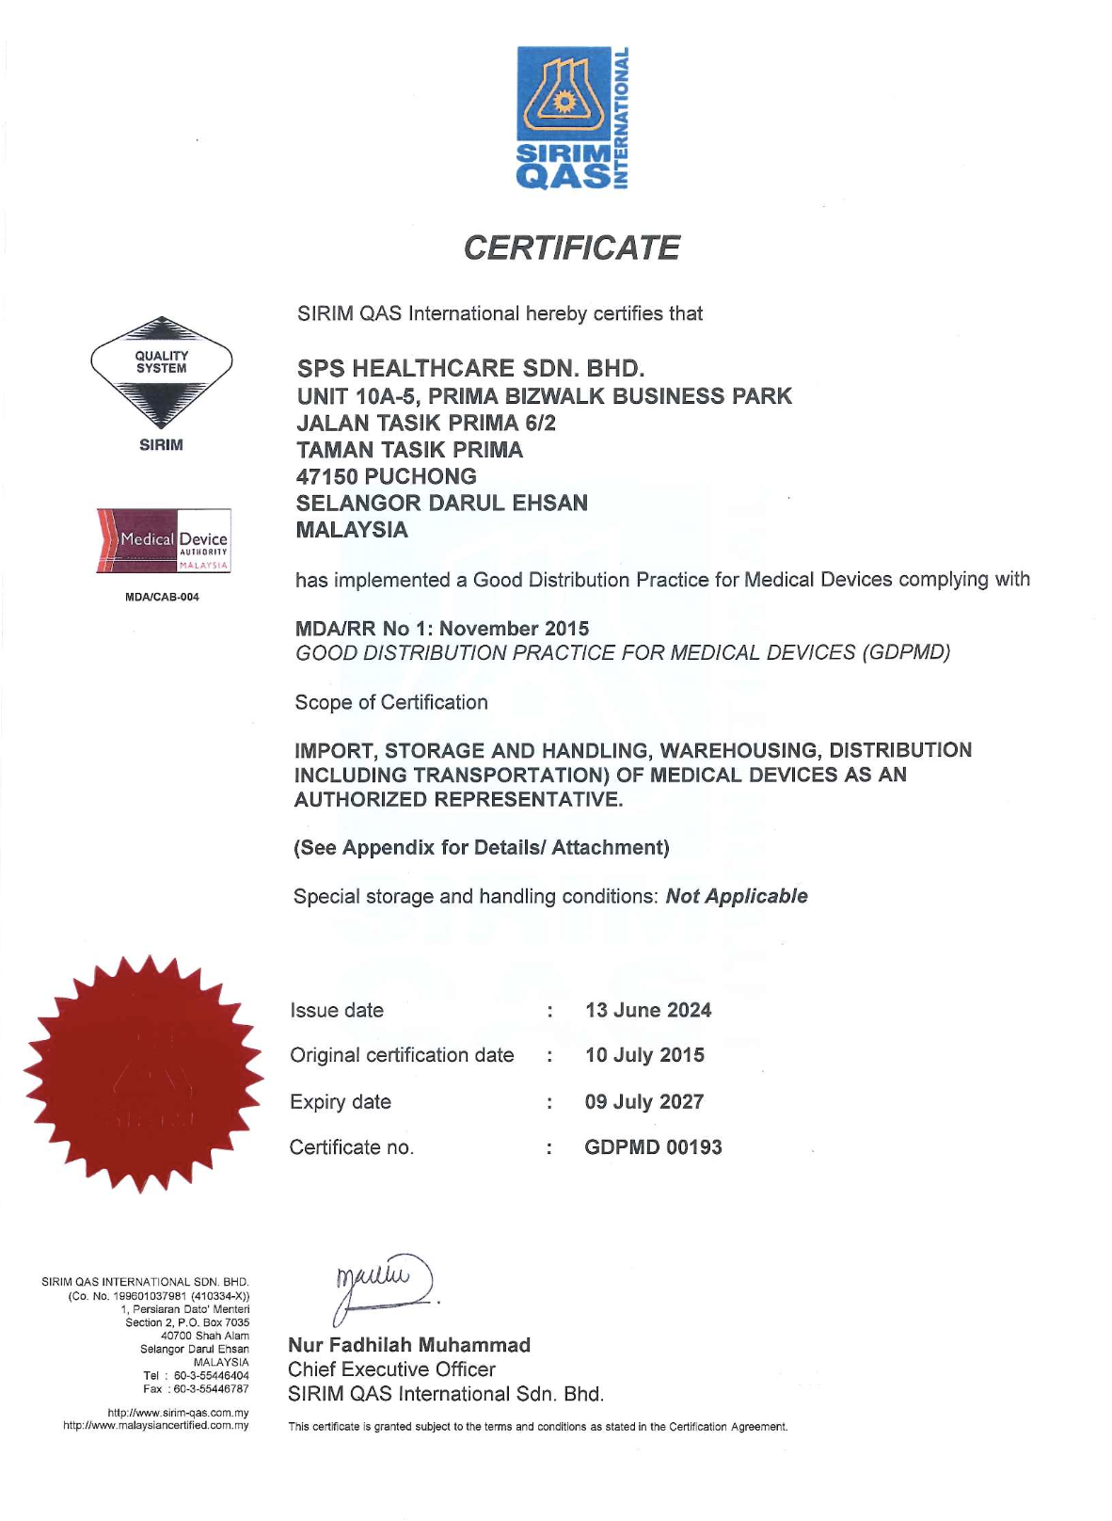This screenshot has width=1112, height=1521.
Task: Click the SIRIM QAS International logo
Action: [572, 118]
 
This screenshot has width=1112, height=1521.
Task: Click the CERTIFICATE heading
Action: [571, 248]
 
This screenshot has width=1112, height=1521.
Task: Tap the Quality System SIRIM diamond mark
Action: [161, 372]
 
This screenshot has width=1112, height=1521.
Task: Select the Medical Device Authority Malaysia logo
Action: [163, 541]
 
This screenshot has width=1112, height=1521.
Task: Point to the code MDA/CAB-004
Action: [162, 597]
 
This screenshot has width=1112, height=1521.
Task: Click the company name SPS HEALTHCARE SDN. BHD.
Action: [470, 368]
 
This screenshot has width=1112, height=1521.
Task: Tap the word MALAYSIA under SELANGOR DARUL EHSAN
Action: [352, 530]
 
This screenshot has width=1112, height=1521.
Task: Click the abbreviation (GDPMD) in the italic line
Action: [906, 652]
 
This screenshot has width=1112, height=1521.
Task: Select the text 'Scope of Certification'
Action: [391, 702]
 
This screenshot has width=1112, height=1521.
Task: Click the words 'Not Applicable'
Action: [737, 896]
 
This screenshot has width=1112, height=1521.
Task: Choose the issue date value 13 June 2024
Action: [648, 1010]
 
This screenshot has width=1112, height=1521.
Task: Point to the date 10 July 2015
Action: [644, 1055]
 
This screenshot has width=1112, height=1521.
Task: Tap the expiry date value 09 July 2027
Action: [644, 1101]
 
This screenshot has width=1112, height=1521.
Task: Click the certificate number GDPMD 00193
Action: [653, 1147]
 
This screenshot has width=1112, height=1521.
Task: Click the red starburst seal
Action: [143, 1074]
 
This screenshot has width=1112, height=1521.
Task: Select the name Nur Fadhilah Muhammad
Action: [409, 1345]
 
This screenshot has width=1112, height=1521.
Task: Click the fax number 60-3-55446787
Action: [211, 1388]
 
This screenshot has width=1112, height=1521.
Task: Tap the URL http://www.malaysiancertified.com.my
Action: [156, 1425]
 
